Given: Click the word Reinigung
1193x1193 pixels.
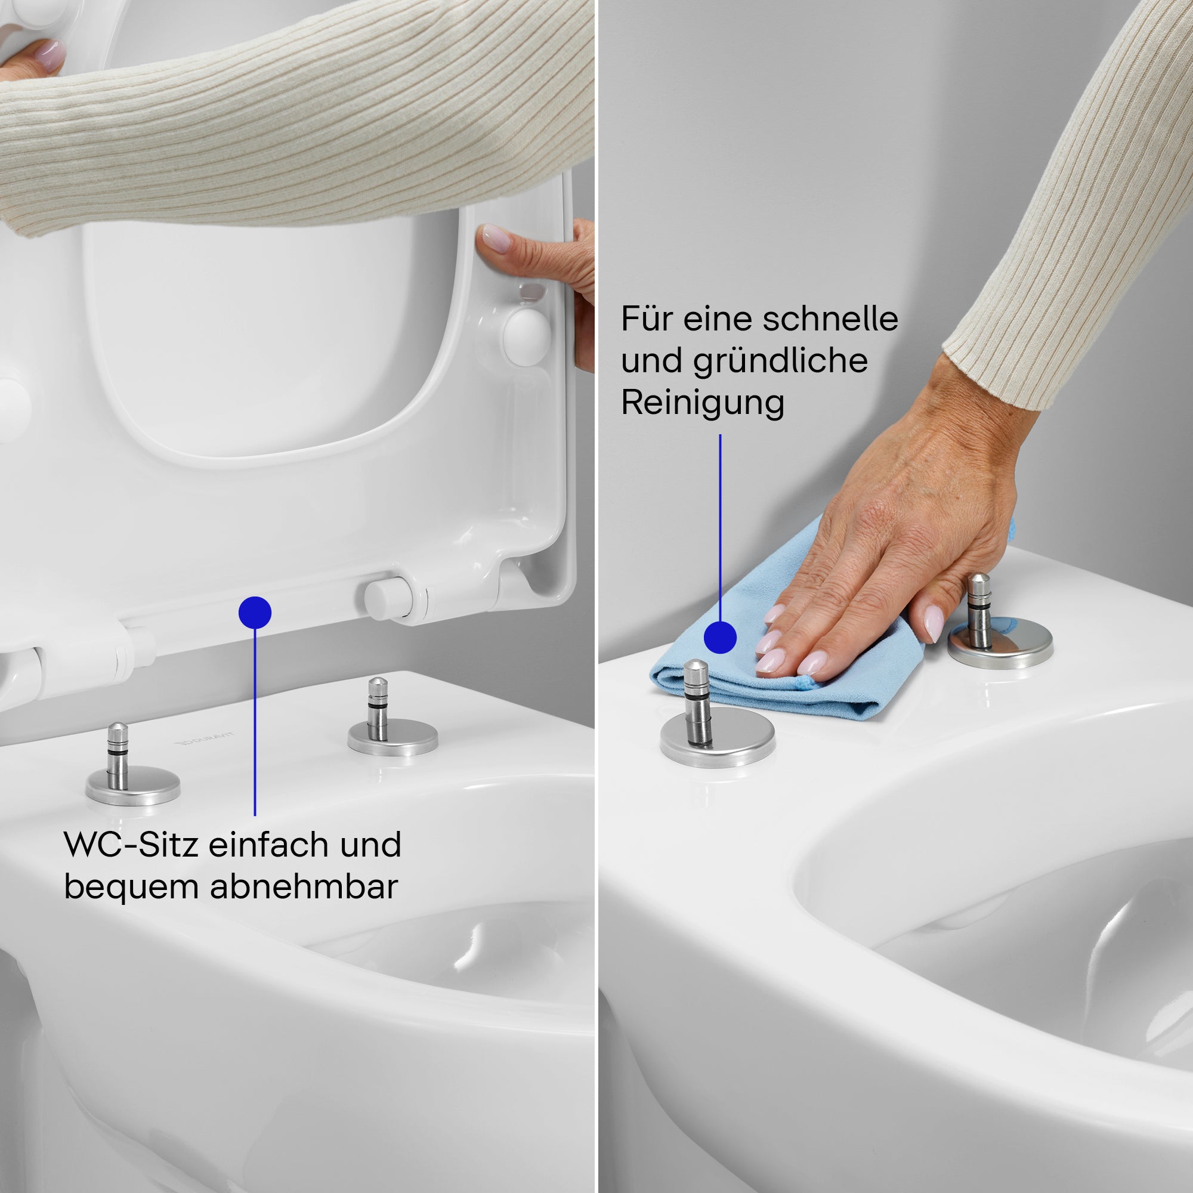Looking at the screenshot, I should click(x=702, y=403).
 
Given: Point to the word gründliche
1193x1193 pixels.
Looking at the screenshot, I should click(x=780, y=361).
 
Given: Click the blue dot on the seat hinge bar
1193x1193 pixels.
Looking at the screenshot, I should click(x=255, y=613).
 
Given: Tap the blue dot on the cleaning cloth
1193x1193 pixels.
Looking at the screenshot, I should click(x=720, y=636).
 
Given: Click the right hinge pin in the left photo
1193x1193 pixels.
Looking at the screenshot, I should click(x=378, y=710).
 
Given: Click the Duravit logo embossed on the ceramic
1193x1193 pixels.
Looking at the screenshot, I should click(x=205, y=738).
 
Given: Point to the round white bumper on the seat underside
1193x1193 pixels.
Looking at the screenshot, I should click(x=526, y=336).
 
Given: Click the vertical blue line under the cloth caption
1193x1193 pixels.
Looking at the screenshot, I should click(x=720, y=525).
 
